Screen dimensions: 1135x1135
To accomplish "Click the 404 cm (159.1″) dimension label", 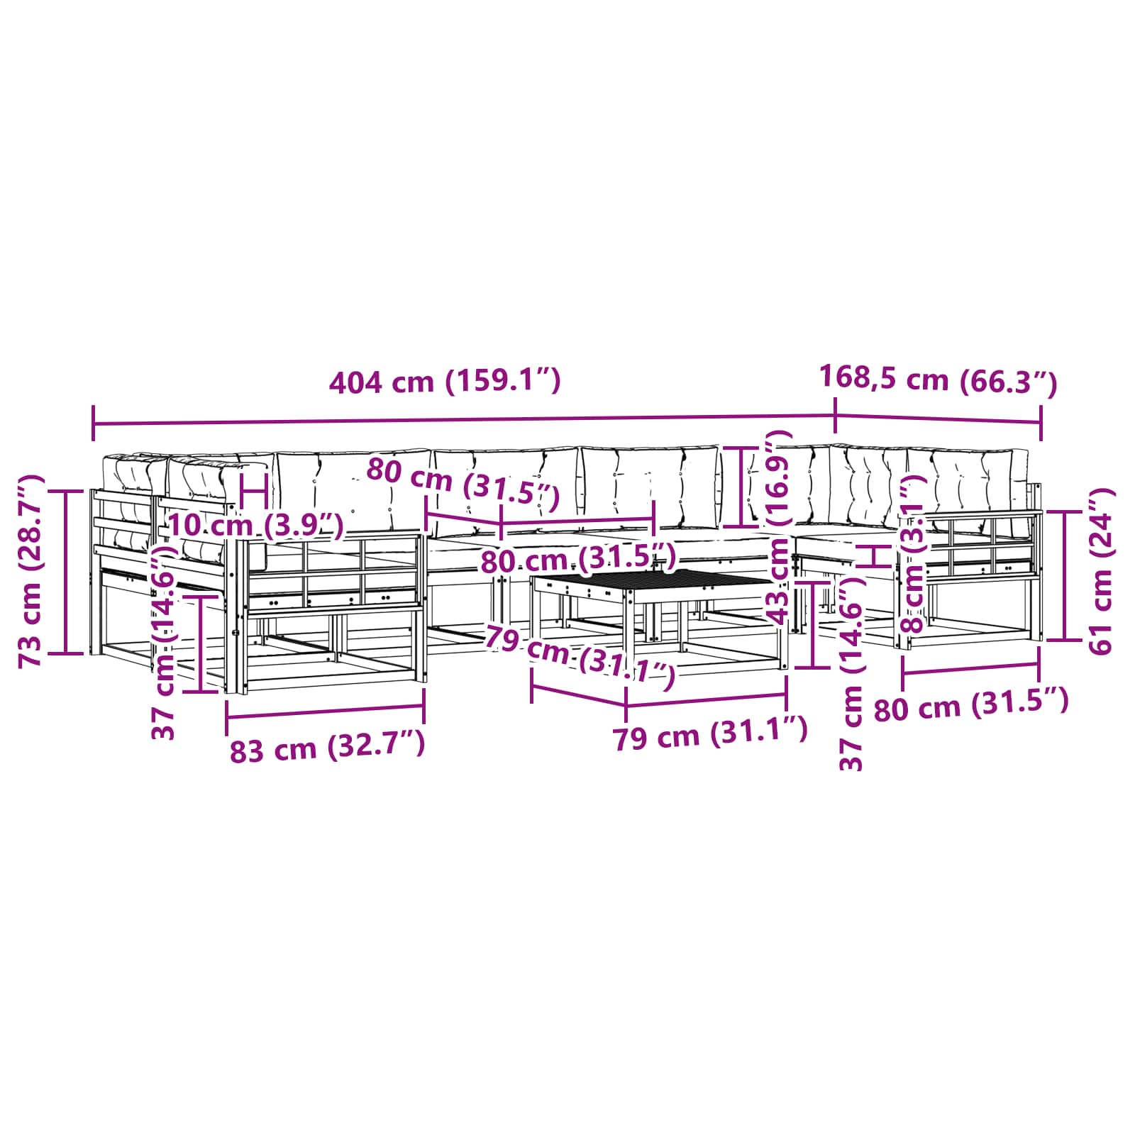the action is [x=445, y=382].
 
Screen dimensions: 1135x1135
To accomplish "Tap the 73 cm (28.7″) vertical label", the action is [x=33, y=571].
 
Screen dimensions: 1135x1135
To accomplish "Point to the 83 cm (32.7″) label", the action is [x=327, y=747].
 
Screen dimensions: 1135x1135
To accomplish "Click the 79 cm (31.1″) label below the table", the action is [x=710, y=733].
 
